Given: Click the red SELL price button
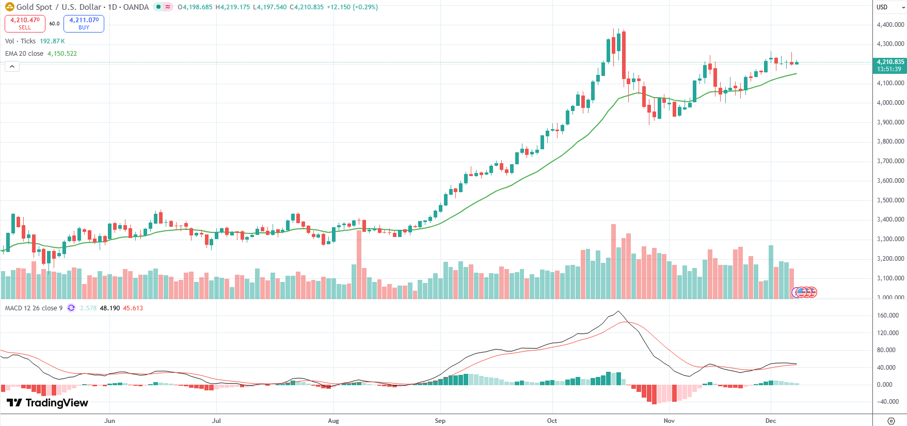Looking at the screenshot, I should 25,23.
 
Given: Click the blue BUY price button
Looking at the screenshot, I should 84,23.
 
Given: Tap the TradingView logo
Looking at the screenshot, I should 47,403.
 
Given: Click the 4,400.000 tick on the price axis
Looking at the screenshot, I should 890,25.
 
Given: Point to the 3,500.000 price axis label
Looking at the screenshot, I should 890,200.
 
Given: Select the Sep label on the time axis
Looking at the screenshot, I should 440,421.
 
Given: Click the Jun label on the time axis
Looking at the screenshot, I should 109,421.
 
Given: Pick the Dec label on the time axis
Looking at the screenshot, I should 771,421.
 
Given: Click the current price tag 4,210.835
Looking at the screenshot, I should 890,62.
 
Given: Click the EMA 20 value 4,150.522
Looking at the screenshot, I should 62,54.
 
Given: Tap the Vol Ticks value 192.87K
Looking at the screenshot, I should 52,41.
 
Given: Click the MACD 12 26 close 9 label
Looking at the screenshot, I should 34,308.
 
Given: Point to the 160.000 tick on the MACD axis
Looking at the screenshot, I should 888,315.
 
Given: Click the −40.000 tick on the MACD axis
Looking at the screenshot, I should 888,402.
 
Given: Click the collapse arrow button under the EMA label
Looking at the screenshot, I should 12,66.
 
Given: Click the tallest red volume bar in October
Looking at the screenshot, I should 613,261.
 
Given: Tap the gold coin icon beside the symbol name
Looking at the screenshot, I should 9,7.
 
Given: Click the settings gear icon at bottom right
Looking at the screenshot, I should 890,421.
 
